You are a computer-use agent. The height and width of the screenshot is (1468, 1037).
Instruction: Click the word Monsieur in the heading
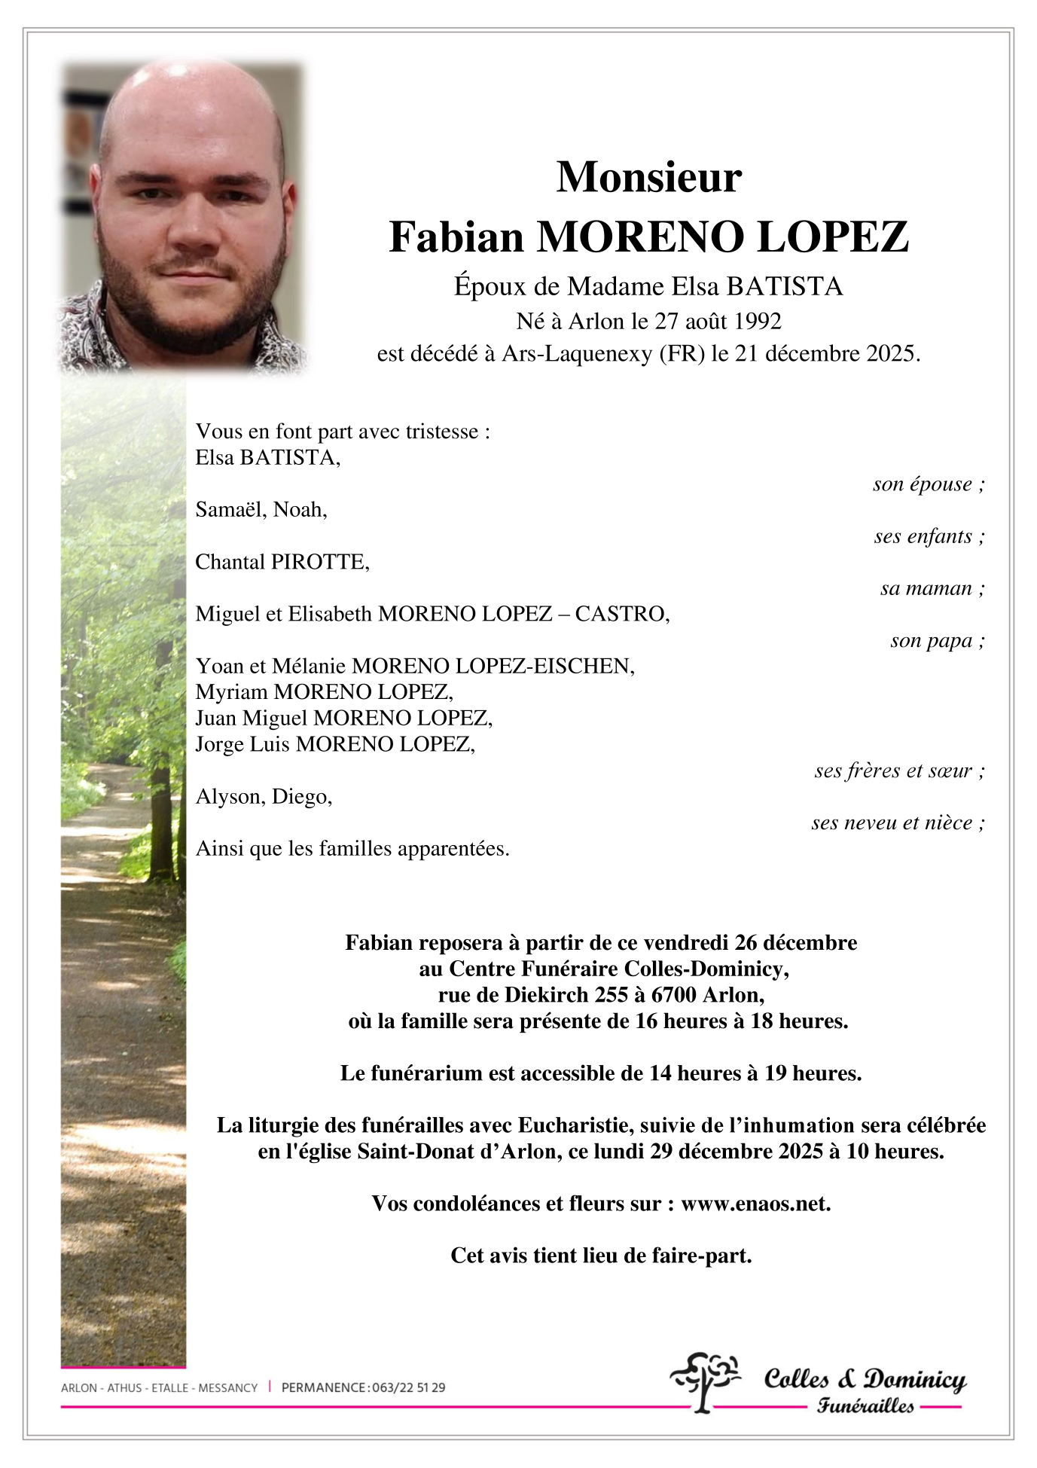tap(648, 178)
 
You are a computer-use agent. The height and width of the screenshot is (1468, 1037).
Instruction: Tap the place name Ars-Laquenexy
tap(577, 353)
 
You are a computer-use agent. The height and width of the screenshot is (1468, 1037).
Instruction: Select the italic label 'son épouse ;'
tap(928, 484)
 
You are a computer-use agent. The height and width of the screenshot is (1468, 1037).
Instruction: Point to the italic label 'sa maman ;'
tap(932, 588)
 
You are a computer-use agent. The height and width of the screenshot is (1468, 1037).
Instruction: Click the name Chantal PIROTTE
tap(282, 562)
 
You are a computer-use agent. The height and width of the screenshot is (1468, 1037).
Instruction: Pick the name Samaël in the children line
tap(230, 510)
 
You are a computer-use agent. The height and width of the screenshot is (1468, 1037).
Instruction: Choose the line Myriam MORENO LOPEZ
tap(324, 692)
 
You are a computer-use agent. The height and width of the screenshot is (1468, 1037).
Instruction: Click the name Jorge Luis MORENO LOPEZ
tap(335, 744)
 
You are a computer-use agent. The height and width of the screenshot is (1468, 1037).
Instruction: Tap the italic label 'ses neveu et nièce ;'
tap(897, 823)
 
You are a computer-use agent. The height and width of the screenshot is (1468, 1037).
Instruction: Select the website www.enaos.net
tap(755, 1204)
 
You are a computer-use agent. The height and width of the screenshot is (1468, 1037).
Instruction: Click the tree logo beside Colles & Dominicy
tap(703, 1381)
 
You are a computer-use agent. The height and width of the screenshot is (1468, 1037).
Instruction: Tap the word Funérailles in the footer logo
tap(865, 1405)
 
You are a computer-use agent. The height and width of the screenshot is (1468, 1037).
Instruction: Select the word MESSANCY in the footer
tap(227, 1387)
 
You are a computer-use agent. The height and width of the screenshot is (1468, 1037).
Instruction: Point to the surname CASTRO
tap(621, 614)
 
